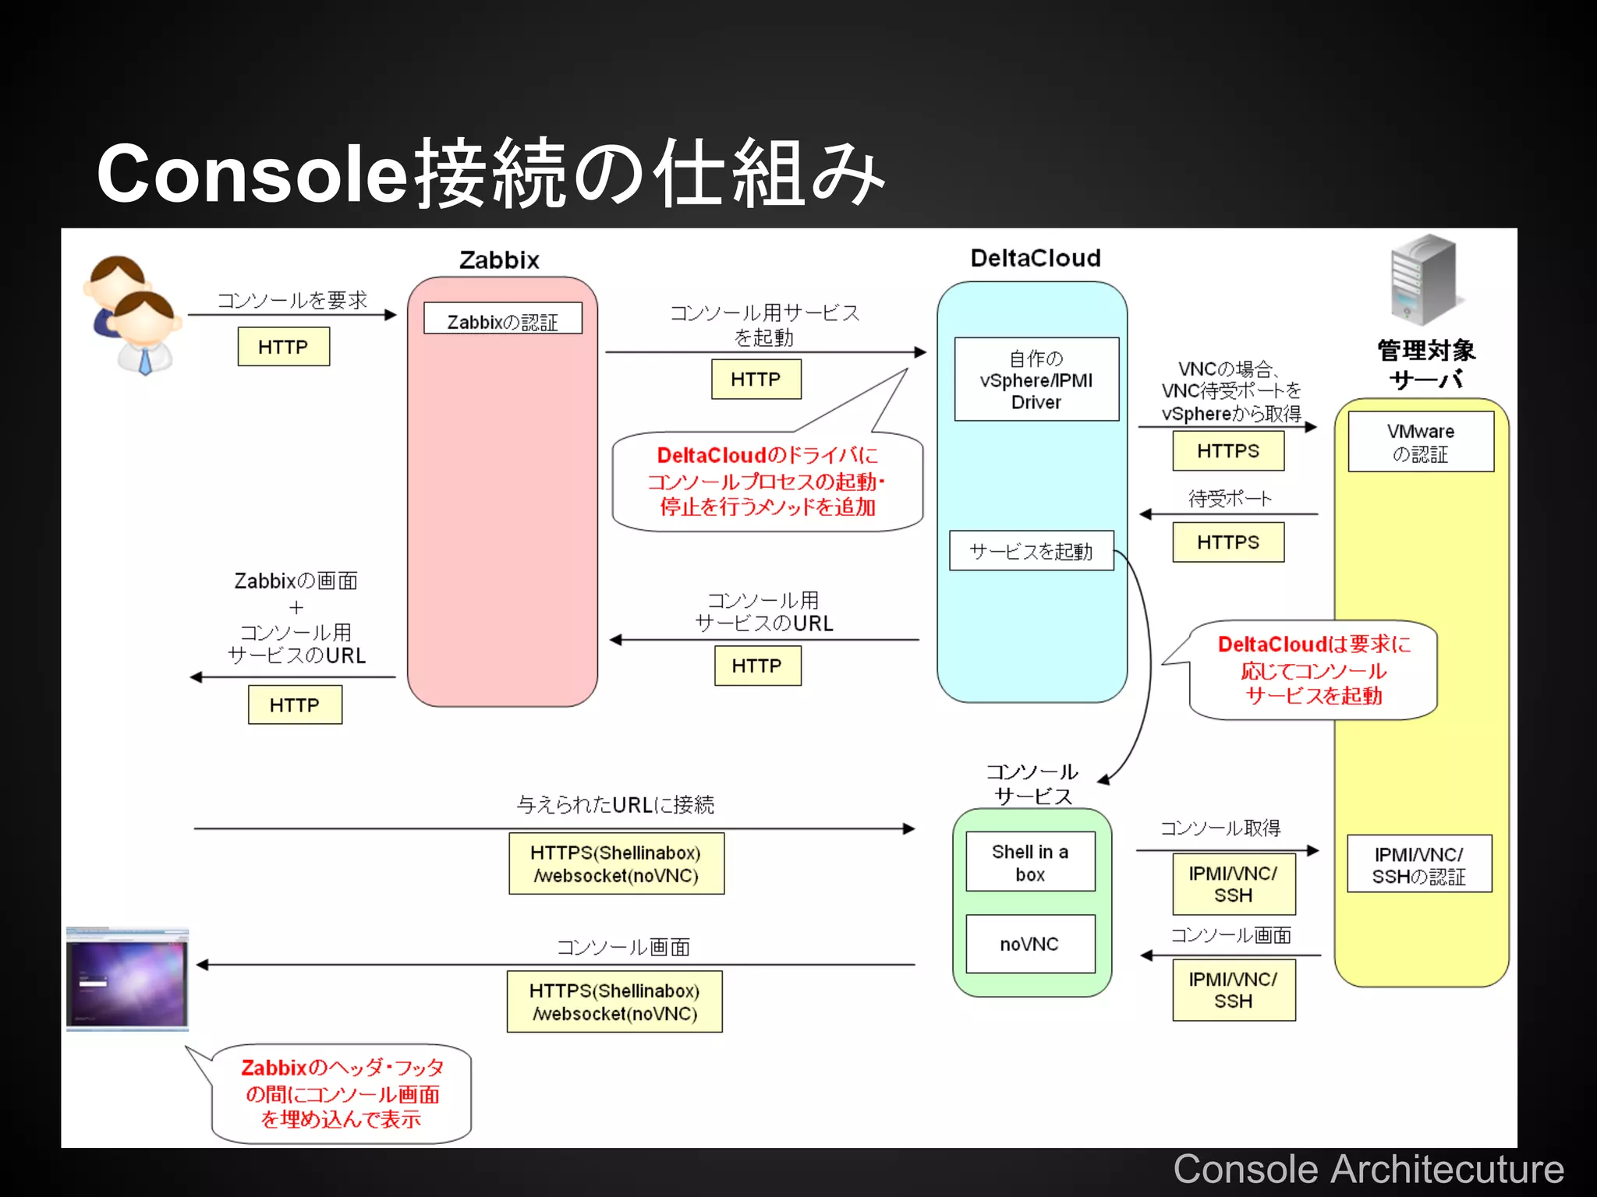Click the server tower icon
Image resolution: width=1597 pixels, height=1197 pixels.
click(1423, 279)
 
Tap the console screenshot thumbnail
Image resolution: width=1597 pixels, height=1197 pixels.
click(127, 978)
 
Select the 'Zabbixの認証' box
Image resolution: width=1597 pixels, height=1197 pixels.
click(503, 319)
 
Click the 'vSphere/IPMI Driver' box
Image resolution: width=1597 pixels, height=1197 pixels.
click(1036, 380)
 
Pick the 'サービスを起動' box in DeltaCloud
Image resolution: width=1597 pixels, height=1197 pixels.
click(1031, 551)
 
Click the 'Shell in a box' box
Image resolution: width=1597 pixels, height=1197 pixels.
click(1030, 862)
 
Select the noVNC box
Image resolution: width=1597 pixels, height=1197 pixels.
click(1030, 944)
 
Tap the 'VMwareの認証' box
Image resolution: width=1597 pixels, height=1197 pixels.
click(1421, 442)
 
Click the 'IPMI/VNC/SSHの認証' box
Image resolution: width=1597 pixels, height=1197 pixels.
click(1419, 864)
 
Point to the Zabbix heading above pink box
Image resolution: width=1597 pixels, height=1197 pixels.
click(499, 260)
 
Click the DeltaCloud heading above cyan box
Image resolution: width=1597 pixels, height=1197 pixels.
click(1036, 259)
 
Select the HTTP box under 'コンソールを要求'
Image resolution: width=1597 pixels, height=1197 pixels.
click(283, 347)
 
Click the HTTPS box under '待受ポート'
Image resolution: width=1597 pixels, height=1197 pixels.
click(1228, 542)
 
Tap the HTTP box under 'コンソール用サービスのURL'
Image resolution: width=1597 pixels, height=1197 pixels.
click(757, 666)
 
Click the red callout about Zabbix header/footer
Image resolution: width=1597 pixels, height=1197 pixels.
click(342, 1093)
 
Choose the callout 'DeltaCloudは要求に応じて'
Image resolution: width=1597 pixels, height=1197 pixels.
click(1313, 670)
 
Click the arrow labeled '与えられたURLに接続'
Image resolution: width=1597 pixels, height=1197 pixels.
click(554, 828)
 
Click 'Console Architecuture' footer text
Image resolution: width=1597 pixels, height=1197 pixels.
click(1369, 1170)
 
